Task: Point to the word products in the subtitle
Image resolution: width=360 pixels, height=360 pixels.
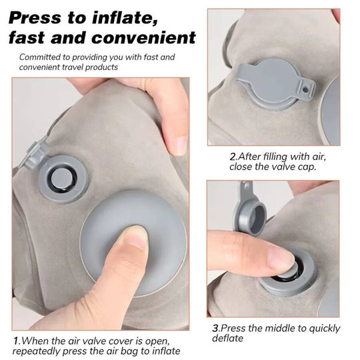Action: click(x=123, y=67)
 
